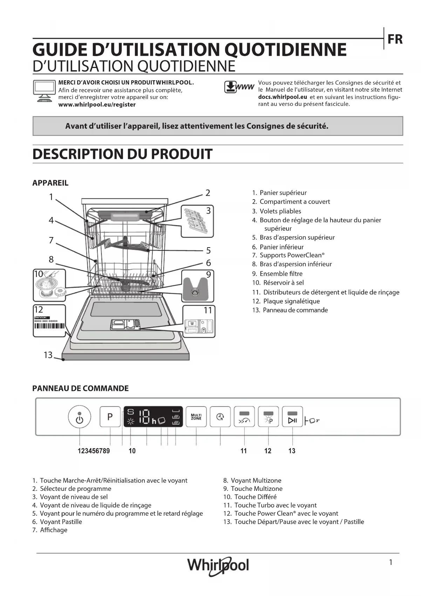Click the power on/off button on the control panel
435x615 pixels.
click(80, 417)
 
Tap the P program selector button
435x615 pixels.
click(110, 417)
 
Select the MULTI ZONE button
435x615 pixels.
click(196, 417)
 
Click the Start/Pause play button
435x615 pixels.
click(292, 417)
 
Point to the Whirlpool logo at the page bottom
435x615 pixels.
click(218, 565)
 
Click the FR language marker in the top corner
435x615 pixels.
click(395, 40)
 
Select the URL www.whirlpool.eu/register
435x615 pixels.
click(97, 104)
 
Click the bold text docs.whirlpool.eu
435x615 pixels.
click(283, 97)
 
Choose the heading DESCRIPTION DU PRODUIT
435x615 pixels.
click(122, 154)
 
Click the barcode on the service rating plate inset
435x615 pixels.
click(49, 326)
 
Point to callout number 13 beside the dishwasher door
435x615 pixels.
click(48, 355)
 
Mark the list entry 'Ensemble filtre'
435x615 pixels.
click(281, 273)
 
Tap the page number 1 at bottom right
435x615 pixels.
click(390, 562)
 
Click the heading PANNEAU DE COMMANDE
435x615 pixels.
click(80, 388)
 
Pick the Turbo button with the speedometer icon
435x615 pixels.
click(244, 417)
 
